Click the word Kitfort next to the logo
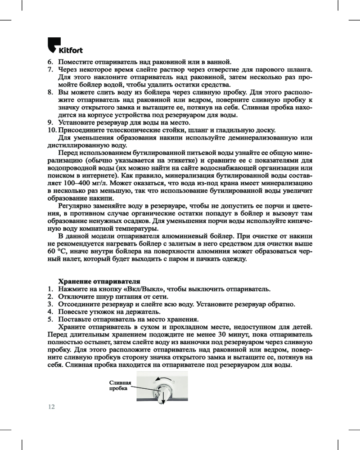coord(70,49)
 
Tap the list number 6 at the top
coord(50,62)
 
